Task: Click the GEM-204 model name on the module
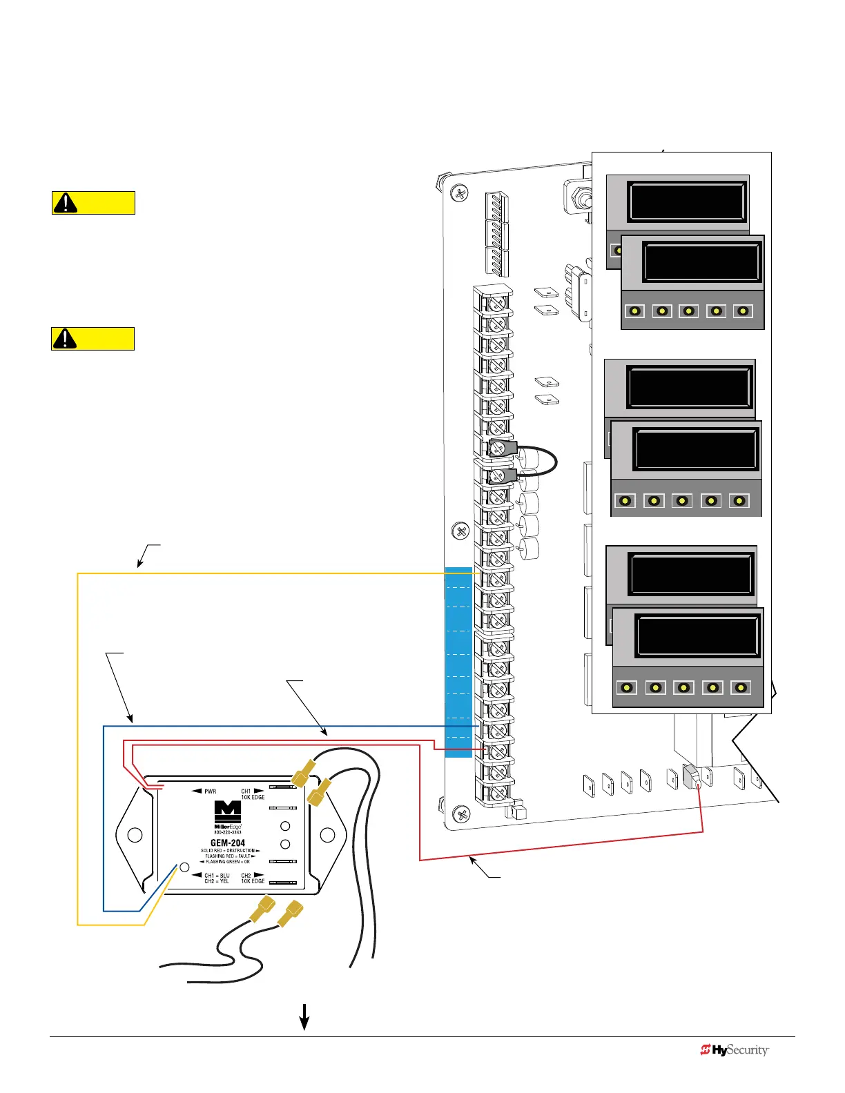[x=228, y=843]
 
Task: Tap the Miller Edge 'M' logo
[x=228, y=811]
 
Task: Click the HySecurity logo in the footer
[x=735, y=1050]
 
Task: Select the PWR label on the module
[x=210, y=791]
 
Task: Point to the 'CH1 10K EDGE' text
[x=252, y=794]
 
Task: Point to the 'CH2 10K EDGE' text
[x=252, y=878]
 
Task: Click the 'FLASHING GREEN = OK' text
[x=226, y=862]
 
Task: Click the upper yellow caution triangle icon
[x=66, y=203]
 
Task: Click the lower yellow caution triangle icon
[x=65, y=339]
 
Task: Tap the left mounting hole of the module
[x=135, y=835]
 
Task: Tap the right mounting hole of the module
[x=328, y=835]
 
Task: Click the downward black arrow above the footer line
[x=303, y=1016]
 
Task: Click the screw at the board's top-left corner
[x=460, y=193]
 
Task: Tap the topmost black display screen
[x=686, y=200]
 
